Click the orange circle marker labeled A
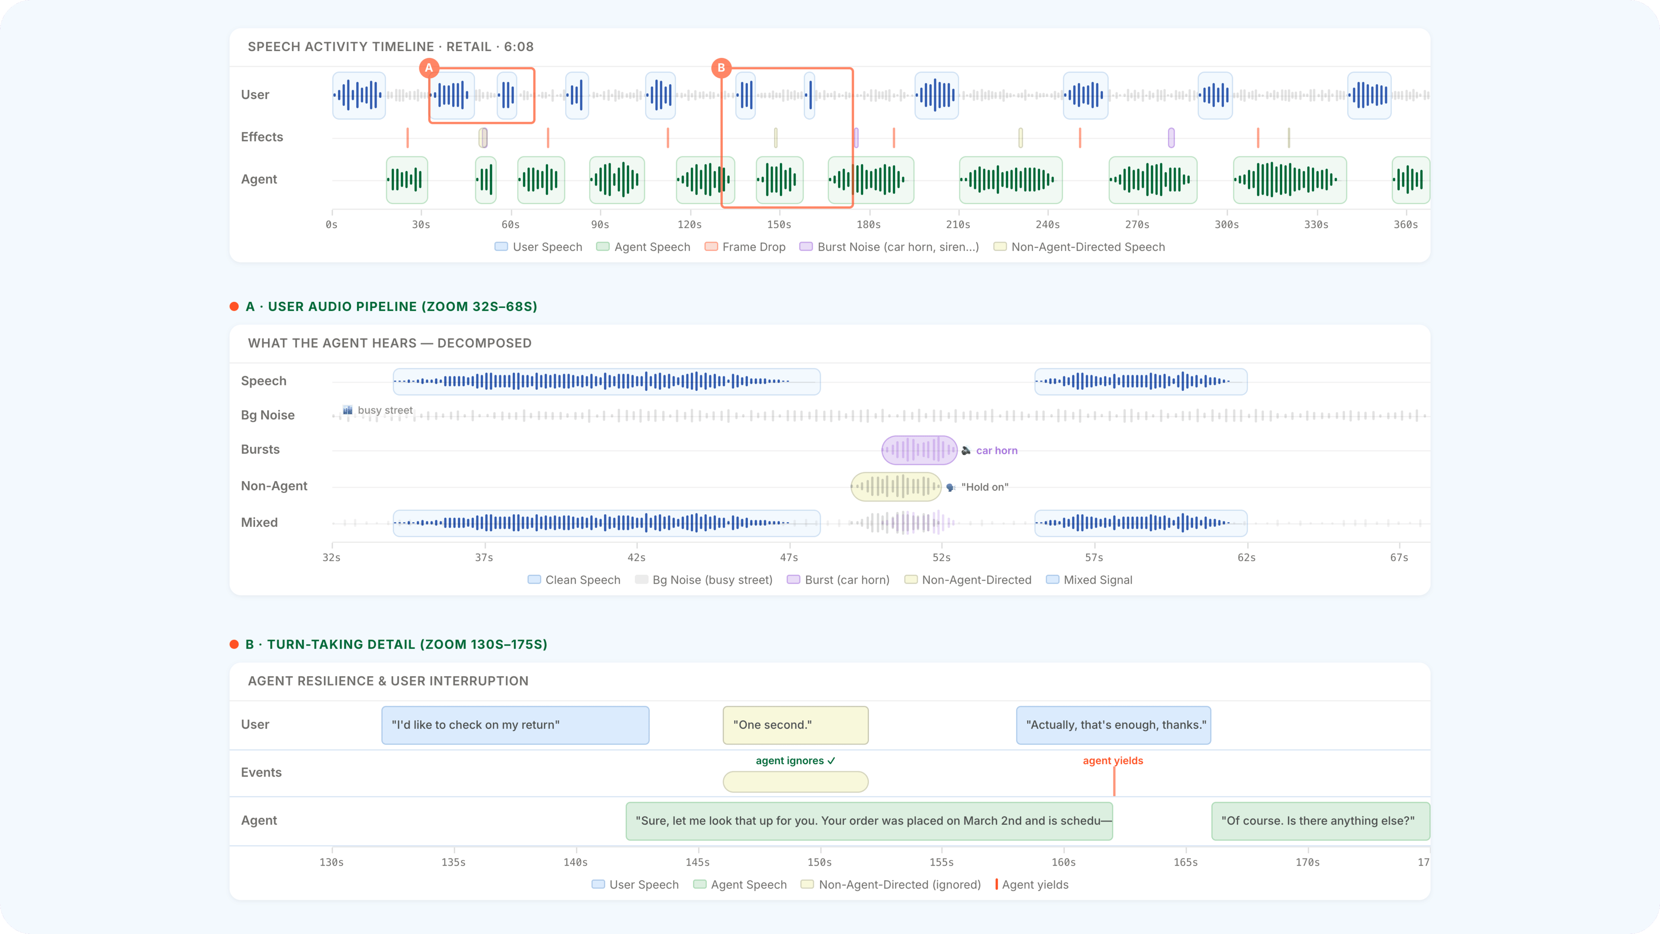tap(428, 68)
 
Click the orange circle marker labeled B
tap(721, 68)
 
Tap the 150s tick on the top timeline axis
tap(779, 224)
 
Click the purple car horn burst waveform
tap(919, 450)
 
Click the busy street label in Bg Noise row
tap(385, 410)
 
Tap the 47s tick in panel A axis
tap(789, 557)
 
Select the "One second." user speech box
tap(795, 725)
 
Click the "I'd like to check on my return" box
tap(515, 725)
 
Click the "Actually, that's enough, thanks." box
tap(1113, 725)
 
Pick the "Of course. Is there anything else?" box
tap(1320, 821)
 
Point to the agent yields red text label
tap(1112, 761)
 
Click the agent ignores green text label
tap(795, 761)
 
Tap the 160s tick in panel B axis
tap(1063, 862)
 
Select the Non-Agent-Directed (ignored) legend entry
tap(899, 884)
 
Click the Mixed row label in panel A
tap(259, 522)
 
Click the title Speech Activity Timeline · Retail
tap(390, 46)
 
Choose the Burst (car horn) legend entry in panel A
tap(846, 579)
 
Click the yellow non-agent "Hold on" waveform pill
tap(896, 486)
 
